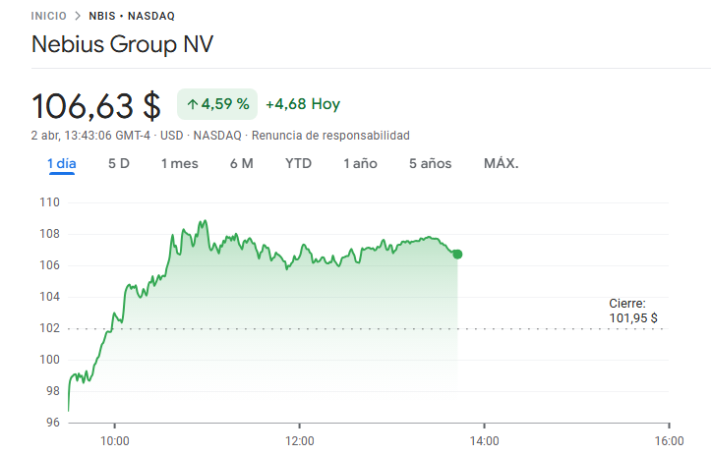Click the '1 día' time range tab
pos(62,164)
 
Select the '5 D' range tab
pos(119,164)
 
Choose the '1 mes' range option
pos(180,164)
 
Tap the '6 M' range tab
pos(242,164)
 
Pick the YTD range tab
pos(298,164)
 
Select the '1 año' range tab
pos(361,164)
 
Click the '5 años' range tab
pos(431,164)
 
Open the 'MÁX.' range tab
pos(502,163)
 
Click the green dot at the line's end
pos(457,255)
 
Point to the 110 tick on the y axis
pos(49,202)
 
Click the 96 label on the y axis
pos(53,423)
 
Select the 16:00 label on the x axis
pos(670,441)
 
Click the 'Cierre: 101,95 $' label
pos(633,311)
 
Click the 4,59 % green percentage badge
pos(217,104)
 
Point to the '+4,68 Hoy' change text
pos(303,104)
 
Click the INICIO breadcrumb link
pos(48,16)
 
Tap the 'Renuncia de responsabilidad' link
pos(330,136)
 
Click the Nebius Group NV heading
pos(122,44)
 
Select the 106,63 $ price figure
pos(96,106)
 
